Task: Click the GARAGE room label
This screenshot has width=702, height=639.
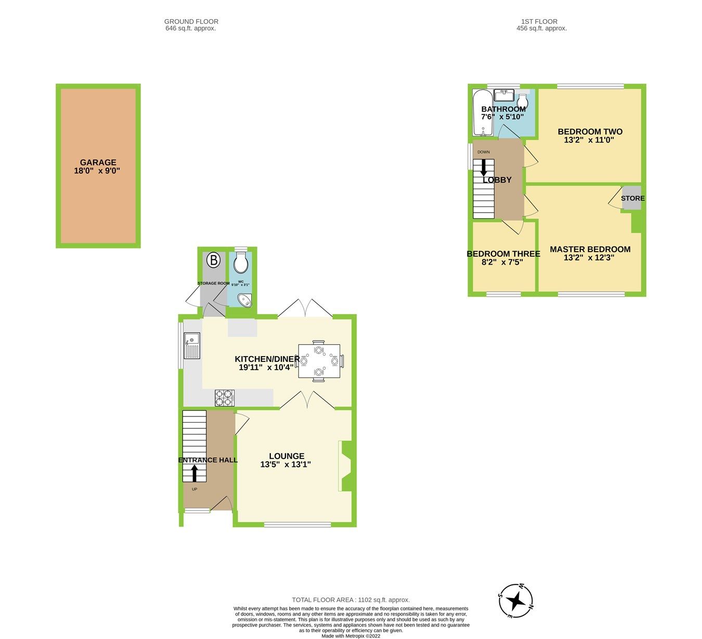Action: [x=98, y=162]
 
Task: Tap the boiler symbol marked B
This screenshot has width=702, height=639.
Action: [x=213, y=259]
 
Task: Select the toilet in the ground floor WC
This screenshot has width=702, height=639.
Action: [x=240, y=263]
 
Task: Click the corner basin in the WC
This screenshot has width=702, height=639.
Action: [x=244, y=300]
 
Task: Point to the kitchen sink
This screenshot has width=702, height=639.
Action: [x=191, y=345]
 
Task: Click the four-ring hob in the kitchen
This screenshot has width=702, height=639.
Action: [x=225, y=398]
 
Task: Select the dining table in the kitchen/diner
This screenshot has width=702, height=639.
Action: [x=319, y=361]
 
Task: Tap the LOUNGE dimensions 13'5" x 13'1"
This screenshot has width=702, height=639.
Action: [x=285, y=464]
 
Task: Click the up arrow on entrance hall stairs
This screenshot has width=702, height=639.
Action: [x=194, y=473]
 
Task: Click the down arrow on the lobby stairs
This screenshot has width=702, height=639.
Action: [x=484, y=167]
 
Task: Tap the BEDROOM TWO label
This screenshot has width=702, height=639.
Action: [x=590, y=132]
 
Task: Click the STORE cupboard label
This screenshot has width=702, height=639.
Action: [x=632, y=198]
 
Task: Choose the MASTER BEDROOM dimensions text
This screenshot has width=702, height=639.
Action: [x=590, y=257]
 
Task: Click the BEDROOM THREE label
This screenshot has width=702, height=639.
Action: [x=503, y=254]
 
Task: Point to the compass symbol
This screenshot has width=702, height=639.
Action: [x=515, y=601]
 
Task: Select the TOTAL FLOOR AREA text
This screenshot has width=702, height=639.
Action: [x=350, y=599]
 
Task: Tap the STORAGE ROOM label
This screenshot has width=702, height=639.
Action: [x=213, y=283]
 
